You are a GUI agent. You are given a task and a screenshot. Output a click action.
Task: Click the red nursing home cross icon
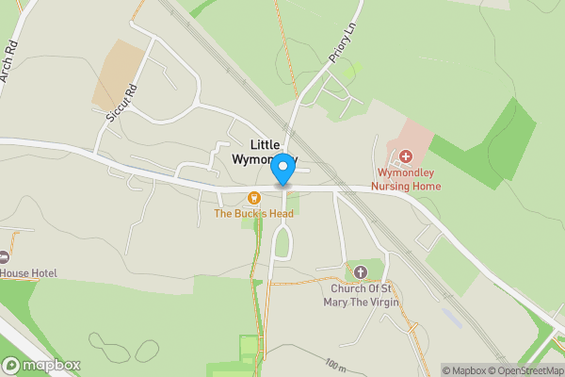(406, 156)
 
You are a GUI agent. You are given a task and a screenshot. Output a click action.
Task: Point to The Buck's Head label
(253, 214)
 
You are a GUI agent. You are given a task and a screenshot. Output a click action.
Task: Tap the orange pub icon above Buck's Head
(253, 198)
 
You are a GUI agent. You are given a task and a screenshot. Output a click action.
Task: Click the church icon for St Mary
(360, 272)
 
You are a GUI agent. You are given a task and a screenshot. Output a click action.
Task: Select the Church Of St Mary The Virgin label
(359, 296)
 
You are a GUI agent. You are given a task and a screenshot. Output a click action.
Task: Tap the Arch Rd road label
(11, 62)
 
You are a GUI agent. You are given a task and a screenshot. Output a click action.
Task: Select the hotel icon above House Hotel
(3, 256)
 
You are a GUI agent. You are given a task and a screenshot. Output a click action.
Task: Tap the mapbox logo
(41, 365)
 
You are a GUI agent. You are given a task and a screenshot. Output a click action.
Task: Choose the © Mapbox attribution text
(466, 369)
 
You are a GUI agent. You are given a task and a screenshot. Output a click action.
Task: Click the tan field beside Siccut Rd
(118, 74)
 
